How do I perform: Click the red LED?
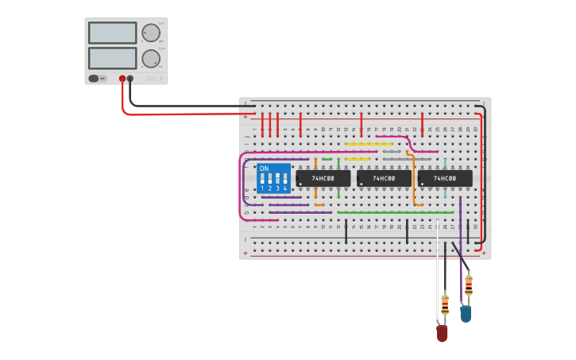pos(442,333)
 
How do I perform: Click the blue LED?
pos(466,313)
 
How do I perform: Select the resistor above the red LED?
pos(445,304)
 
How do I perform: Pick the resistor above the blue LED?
pos(469,285)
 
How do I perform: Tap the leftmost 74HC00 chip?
pos(323,179)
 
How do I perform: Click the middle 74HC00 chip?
pos(384,179)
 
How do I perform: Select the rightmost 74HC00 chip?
pos(445,179)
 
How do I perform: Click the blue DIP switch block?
pos(273,178)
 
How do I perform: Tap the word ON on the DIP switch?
pos(264,169)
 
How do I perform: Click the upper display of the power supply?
pos(113,33)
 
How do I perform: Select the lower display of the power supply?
pos(113,58)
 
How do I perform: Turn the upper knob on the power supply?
pos(149,33)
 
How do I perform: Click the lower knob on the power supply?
pos(149,59)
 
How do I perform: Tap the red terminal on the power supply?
pos(122,79)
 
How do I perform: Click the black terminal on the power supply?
pos(130,79)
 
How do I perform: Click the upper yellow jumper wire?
pos(369,144)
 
